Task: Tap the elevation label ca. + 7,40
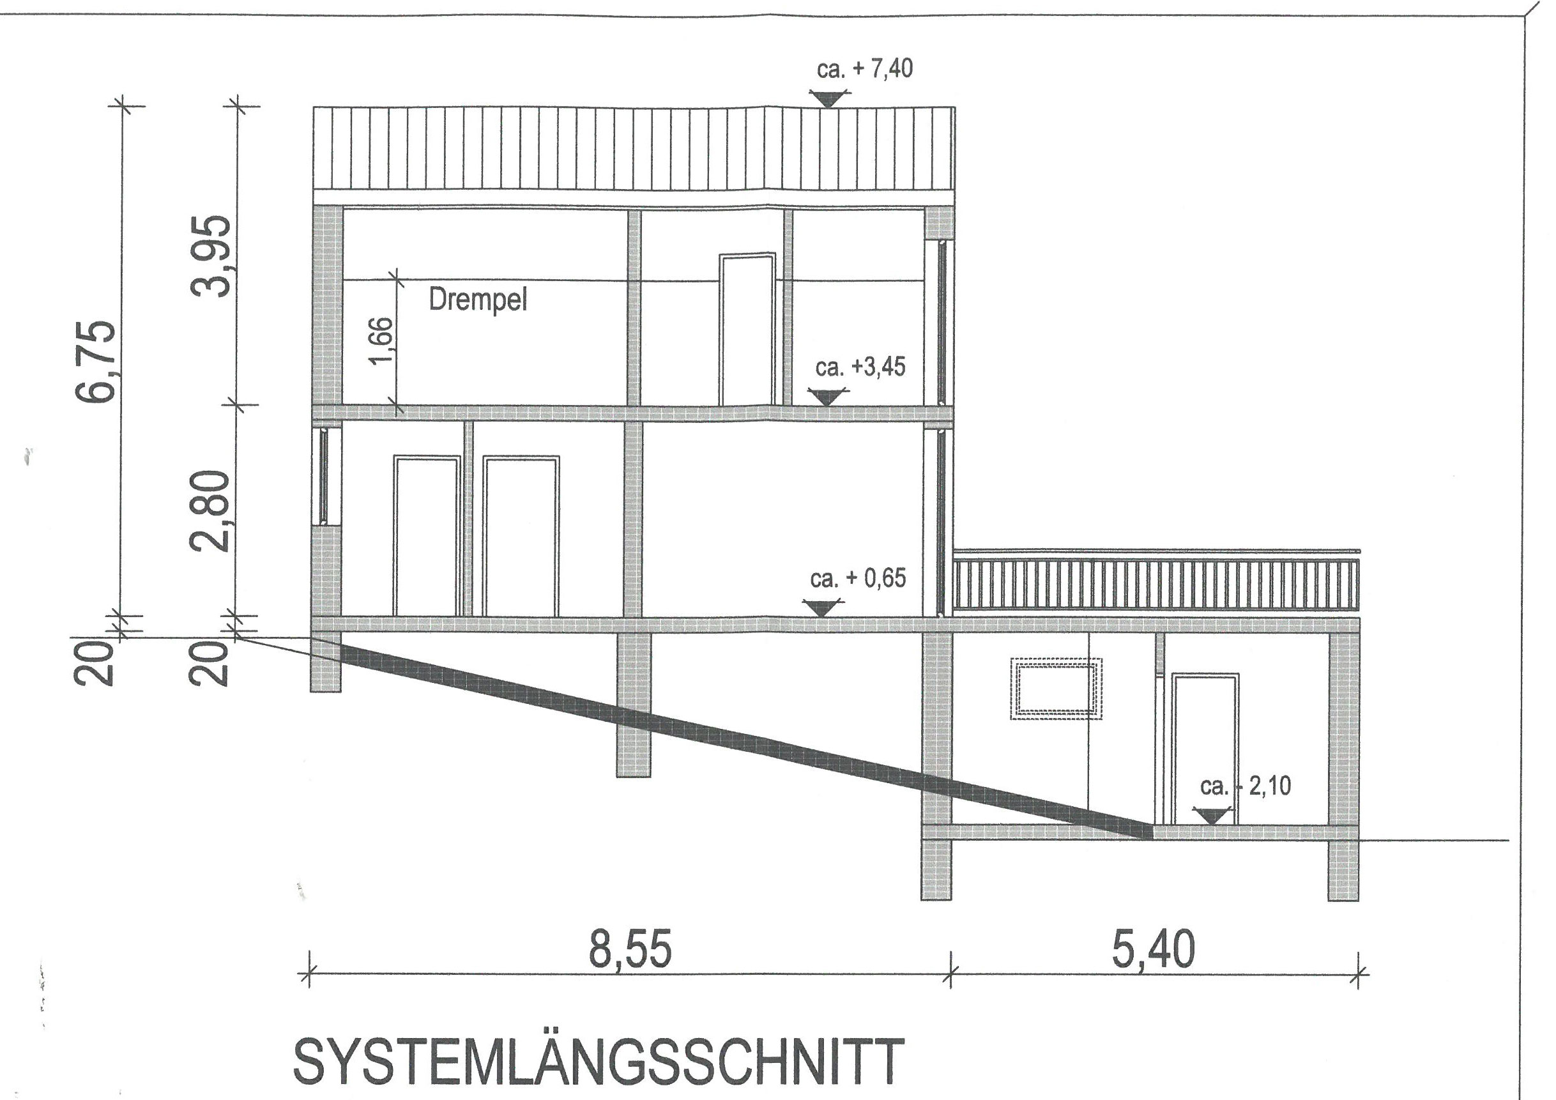pos(864,68)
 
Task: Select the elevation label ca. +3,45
pos(860,367)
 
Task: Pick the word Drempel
pos(478,300)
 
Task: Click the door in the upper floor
pos(747,330)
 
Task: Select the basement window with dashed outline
pos(1056,688)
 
